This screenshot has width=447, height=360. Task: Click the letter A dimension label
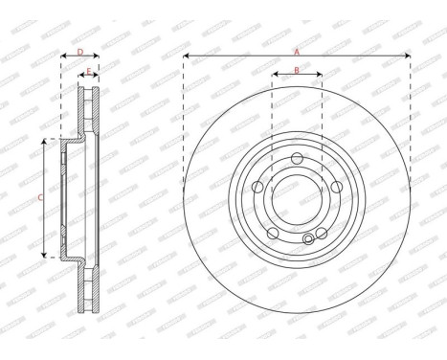click(x=297, y=51)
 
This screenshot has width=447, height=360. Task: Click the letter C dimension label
click(x=39, y=197)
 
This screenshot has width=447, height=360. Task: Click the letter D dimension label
click(x=80, y=51)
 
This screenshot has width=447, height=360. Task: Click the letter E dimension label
click(x=88, y=72)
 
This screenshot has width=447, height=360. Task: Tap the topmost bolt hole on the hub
click(x=297, y=159)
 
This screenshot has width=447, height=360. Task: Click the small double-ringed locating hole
click(x=308, y=239)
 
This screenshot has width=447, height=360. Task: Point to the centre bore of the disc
click(x=297, y=201)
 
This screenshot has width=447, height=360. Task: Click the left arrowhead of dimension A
click(x=185, y=56)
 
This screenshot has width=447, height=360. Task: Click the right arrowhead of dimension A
click(x=409, y=56)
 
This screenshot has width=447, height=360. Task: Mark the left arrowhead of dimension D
click(x=63, y=56)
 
